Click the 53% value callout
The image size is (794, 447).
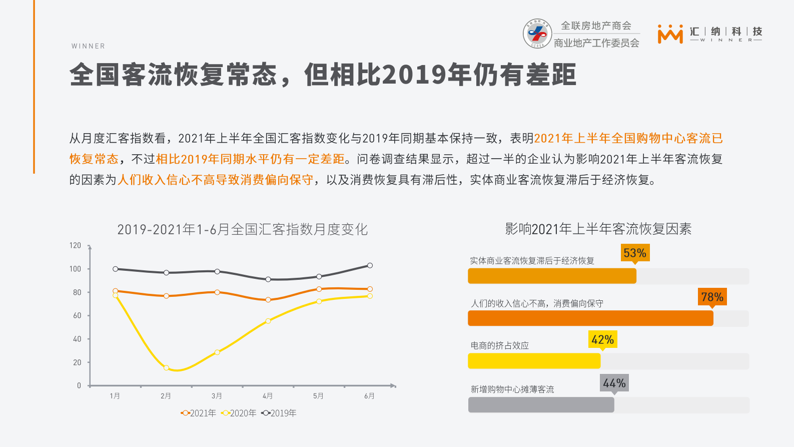(x=635, y=253)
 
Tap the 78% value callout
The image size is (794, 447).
(x=712, y=297)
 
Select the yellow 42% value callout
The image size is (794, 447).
(x=602, y=339)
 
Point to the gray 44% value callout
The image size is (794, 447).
(x=614, y=383)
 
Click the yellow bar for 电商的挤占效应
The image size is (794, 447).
(x=534, y=361)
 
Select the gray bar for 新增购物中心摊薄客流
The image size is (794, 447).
(x=541, y=404)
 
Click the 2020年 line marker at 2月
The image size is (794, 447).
(x=166, y=368)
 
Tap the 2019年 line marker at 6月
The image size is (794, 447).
(x=370, y=265)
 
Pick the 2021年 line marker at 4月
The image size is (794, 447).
(x=268, y=300)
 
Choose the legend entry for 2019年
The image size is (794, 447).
(x=279, y=413)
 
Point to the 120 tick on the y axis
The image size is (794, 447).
(x=75, y=245)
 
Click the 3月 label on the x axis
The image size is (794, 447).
(x=217, y=396)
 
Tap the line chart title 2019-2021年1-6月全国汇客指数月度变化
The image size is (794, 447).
(x=242, y=229)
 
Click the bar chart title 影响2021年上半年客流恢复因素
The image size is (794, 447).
(x=598, y=229)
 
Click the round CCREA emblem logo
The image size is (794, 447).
(x=537, y=34)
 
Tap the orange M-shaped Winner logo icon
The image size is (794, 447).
(x=670, y=34)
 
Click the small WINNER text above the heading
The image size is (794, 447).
(x=88, y=46)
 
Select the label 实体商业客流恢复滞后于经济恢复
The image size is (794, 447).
(x=532, y=260)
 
